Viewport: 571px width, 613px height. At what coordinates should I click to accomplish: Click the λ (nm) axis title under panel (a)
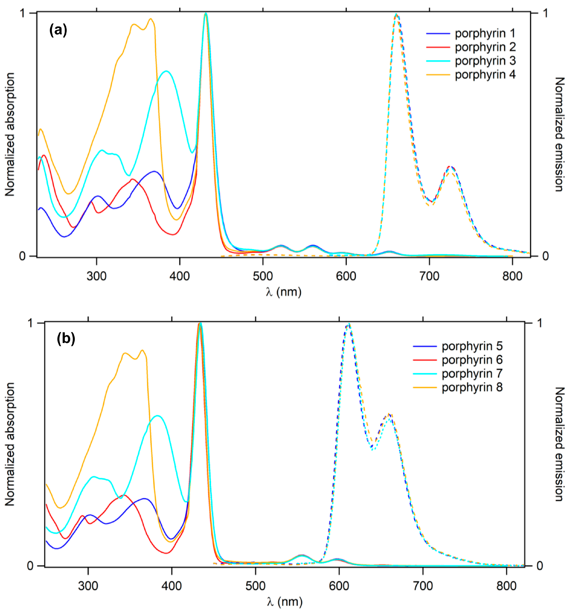(284, 291)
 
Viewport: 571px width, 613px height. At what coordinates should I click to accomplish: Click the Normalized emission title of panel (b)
(559, 444)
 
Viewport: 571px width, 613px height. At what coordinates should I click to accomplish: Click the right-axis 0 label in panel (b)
(540, 566)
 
